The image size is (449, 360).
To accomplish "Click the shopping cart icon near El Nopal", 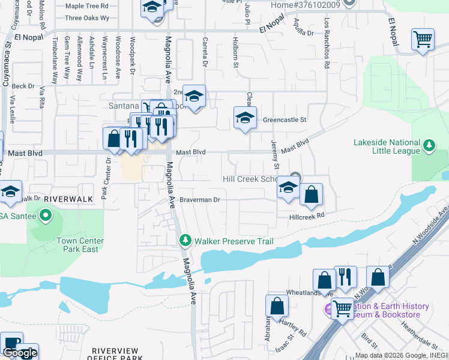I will click(423, 40).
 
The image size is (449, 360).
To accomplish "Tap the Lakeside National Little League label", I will click(387, 146).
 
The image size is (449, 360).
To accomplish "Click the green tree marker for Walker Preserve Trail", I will click(185, 241).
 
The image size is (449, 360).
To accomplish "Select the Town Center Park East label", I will click(80, 245).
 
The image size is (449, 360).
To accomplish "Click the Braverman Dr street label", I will click(200, 199).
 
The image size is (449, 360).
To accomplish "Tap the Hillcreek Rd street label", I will click(306, 216).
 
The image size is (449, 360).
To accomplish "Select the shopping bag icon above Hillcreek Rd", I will click(311, 194).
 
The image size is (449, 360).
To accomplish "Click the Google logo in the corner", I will click(20, 353).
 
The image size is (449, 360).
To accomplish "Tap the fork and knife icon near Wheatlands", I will click(345, 277).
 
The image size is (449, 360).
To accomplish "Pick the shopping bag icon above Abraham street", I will click(277, 305).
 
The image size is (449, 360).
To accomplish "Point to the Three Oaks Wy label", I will click(87, 18).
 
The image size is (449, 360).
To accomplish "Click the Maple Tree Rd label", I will click(86, 6).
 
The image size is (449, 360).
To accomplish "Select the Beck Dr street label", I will click(23, 86).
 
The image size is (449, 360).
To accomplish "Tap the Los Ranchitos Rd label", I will click(327, 43).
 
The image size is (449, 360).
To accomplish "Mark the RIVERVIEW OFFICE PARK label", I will click(117, 354).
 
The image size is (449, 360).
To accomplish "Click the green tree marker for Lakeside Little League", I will click(429, 145).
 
